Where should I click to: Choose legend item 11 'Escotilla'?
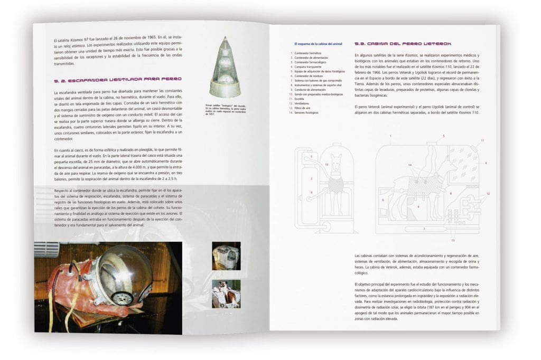coord(301,99)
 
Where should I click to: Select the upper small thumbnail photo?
coord(226,256)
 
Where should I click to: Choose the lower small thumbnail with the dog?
coord(226,294)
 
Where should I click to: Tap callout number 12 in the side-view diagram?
coord(488,194)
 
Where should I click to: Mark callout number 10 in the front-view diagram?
coord(327,165)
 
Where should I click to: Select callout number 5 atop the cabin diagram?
coord(443,136)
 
